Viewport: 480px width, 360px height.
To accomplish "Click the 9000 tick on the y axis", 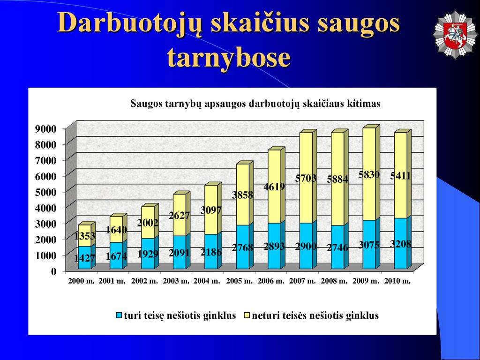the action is [46, 128].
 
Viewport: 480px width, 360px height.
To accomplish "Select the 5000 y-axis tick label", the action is [46, 192].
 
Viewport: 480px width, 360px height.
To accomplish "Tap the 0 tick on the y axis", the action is [54, 271].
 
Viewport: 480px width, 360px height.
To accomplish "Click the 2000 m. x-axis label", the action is [82, 281].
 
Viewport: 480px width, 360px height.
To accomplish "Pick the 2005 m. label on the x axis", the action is [240, 281].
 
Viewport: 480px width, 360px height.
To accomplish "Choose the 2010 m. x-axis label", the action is [397, 281].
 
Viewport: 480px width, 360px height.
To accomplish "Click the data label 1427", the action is [85, 258].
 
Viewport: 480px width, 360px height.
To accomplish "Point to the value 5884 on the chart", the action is [337, 179].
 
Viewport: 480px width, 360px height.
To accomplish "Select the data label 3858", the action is [242, 195].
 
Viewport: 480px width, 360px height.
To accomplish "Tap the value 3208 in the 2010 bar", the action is [400, 244].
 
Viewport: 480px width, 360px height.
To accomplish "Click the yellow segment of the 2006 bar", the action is [274, 187].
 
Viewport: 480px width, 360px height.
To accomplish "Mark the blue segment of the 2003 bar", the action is [180, 252].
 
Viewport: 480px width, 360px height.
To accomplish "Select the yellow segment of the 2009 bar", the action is [369, 174].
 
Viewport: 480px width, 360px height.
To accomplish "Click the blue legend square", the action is [119, 315].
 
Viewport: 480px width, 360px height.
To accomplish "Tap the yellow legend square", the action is [247, 315].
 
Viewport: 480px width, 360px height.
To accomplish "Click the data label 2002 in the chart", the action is [148, 223].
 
